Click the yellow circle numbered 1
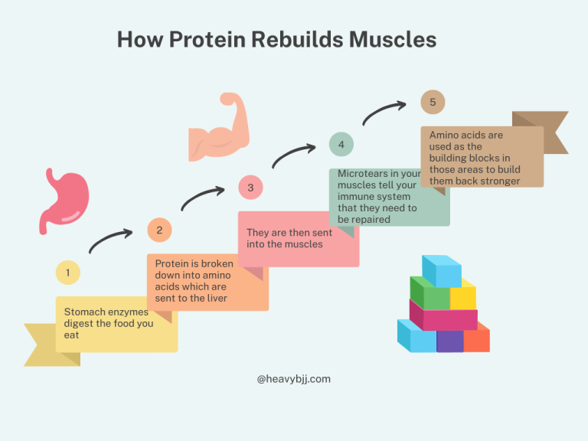[67, 272]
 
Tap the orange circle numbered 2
[159, 230]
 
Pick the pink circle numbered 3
[250, 187]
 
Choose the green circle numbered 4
[341, 144]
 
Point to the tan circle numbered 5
[433, 102]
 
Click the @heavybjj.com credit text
[294, 378]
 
